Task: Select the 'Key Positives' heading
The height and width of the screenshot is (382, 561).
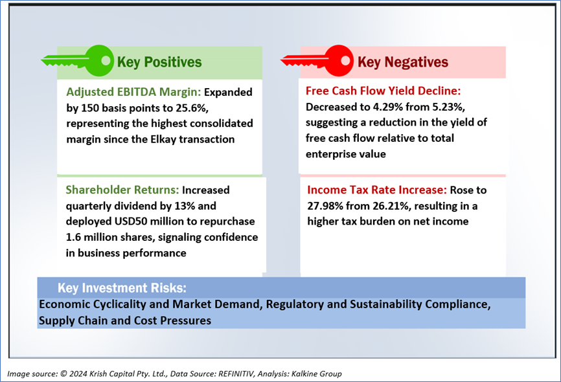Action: [159, 62]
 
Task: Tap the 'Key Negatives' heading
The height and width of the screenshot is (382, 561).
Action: [403, 62]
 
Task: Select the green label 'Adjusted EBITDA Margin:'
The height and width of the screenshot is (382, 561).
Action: [134, 92]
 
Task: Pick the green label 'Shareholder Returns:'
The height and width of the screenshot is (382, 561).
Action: [122, 190]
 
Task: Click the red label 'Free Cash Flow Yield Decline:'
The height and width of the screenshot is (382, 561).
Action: [384, 91]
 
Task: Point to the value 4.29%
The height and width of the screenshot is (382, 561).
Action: [389, 107]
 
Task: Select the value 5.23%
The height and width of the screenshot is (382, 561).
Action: [448, 107]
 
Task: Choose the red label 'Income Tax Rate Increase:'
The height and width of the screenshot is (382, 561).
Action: [377, 190]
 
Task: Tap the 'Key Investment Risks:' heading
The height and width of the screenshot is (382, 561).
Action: [122, 288]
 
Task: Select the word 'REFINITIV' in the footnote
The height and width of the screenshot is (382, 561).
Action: [236, 374]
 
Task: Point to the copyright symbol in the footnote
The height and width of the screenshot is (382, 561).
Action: [63, 374]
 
